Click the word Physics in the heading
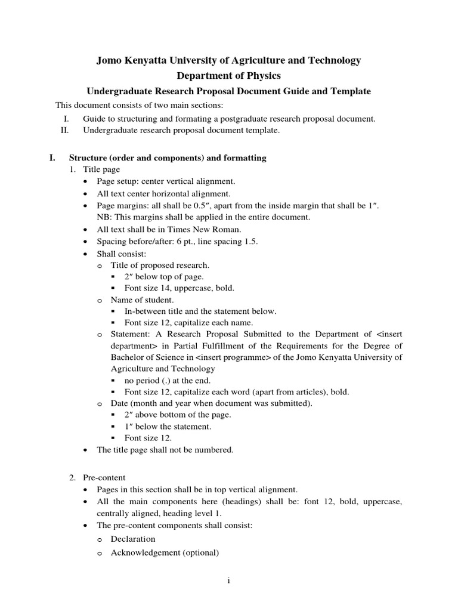point(260,76)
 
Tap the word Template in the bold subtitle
point(351,91)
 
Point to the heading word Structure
point(89,158)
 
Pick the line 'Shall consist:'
point(117,253)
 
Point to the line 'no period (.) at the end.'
point(168,380)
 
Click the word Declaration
point(133,539)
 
